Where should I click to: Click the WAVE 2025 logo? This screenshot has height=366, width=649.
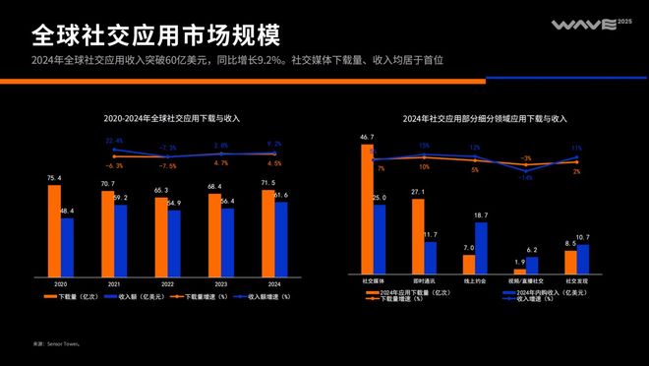(x=583, y=26)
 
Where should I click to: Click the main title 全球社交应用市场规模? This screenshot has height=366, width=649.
(x=155, y=35)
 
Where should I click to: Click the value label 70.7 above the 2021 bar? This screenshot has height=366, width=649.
(x=107, y=184)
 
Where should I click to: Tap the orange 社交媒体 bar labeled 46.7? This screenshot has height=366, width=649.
(x=366, y=208)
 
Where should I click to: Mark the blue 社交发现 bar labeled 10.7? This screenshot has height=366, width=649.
(x=583, y=259)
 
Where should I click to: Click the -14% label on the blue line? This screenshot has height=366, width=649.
(x=527, y=178)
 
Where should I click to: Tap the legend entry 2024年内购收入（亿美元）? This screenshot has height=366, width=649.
(x=543, y=292)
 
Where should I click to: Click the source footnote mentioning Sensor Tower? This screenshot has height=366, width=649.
(x=55, y=343)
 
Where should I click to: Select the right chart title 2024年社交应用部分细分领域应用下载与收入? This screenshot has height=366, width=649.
(x=485, y=119)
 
